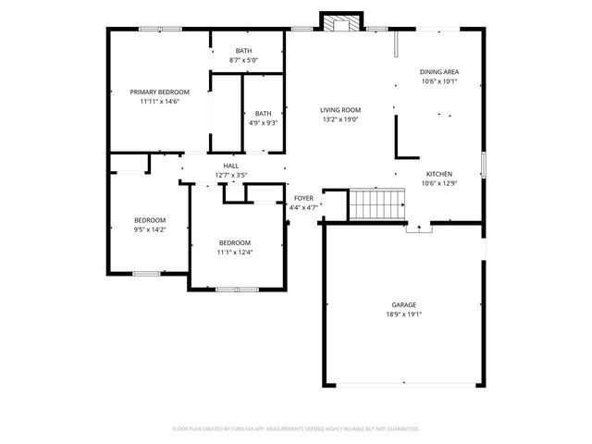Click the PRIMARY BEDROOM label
(159, 92)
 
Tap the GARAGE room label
(403, 304)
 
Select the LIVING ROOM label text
(340, 109)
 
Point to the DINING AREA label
(439, 71)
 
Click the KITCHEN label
(438, 174)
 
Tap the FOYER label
(304, 198)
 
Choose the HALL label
(230, 166)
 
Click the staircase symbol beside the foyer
(377, 203)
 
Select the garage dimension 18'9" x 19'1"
(403, 314)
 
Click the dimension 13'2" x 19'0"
(340, 118)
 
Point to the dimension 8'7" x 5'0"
(243, 60)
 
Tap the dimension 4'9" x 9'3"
(264, 122)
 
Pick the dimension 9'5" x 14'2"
(150, 229)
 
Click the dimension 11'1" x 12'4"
(235, 252)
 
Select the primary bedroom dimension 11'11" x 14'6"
(159, 101)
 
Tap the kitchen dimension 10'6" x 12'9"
(438, 183)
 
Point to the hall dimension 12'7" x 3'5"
(230, 175)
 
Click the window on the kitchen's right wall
(482, 164)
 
